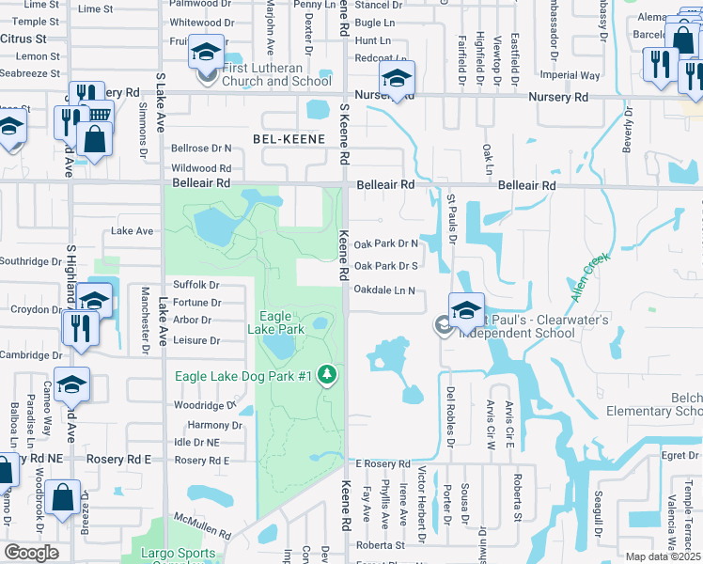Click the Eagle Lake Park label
(x=276, y=323)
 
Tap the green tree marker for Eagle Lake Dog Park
(x=327, y=376)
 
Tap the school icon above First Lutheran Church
(x=204, y=52)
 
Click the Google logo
(x=31, y=553)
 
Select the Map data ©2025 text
(x=664, y=556)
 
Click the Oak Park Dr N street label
(x=384, y=243)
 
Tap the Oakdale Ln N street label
(x=384, y=290)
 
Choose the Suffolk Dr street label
(x=196, y=285)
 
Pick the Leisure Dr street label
(x=196, y=340)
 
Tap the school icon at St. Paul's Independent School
(x=466, y=310)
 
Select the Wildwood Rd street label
(x=201, y=168)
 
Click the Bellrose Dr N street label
(x=201, y=149)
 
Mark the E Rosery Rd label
(x=383, y=464)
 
